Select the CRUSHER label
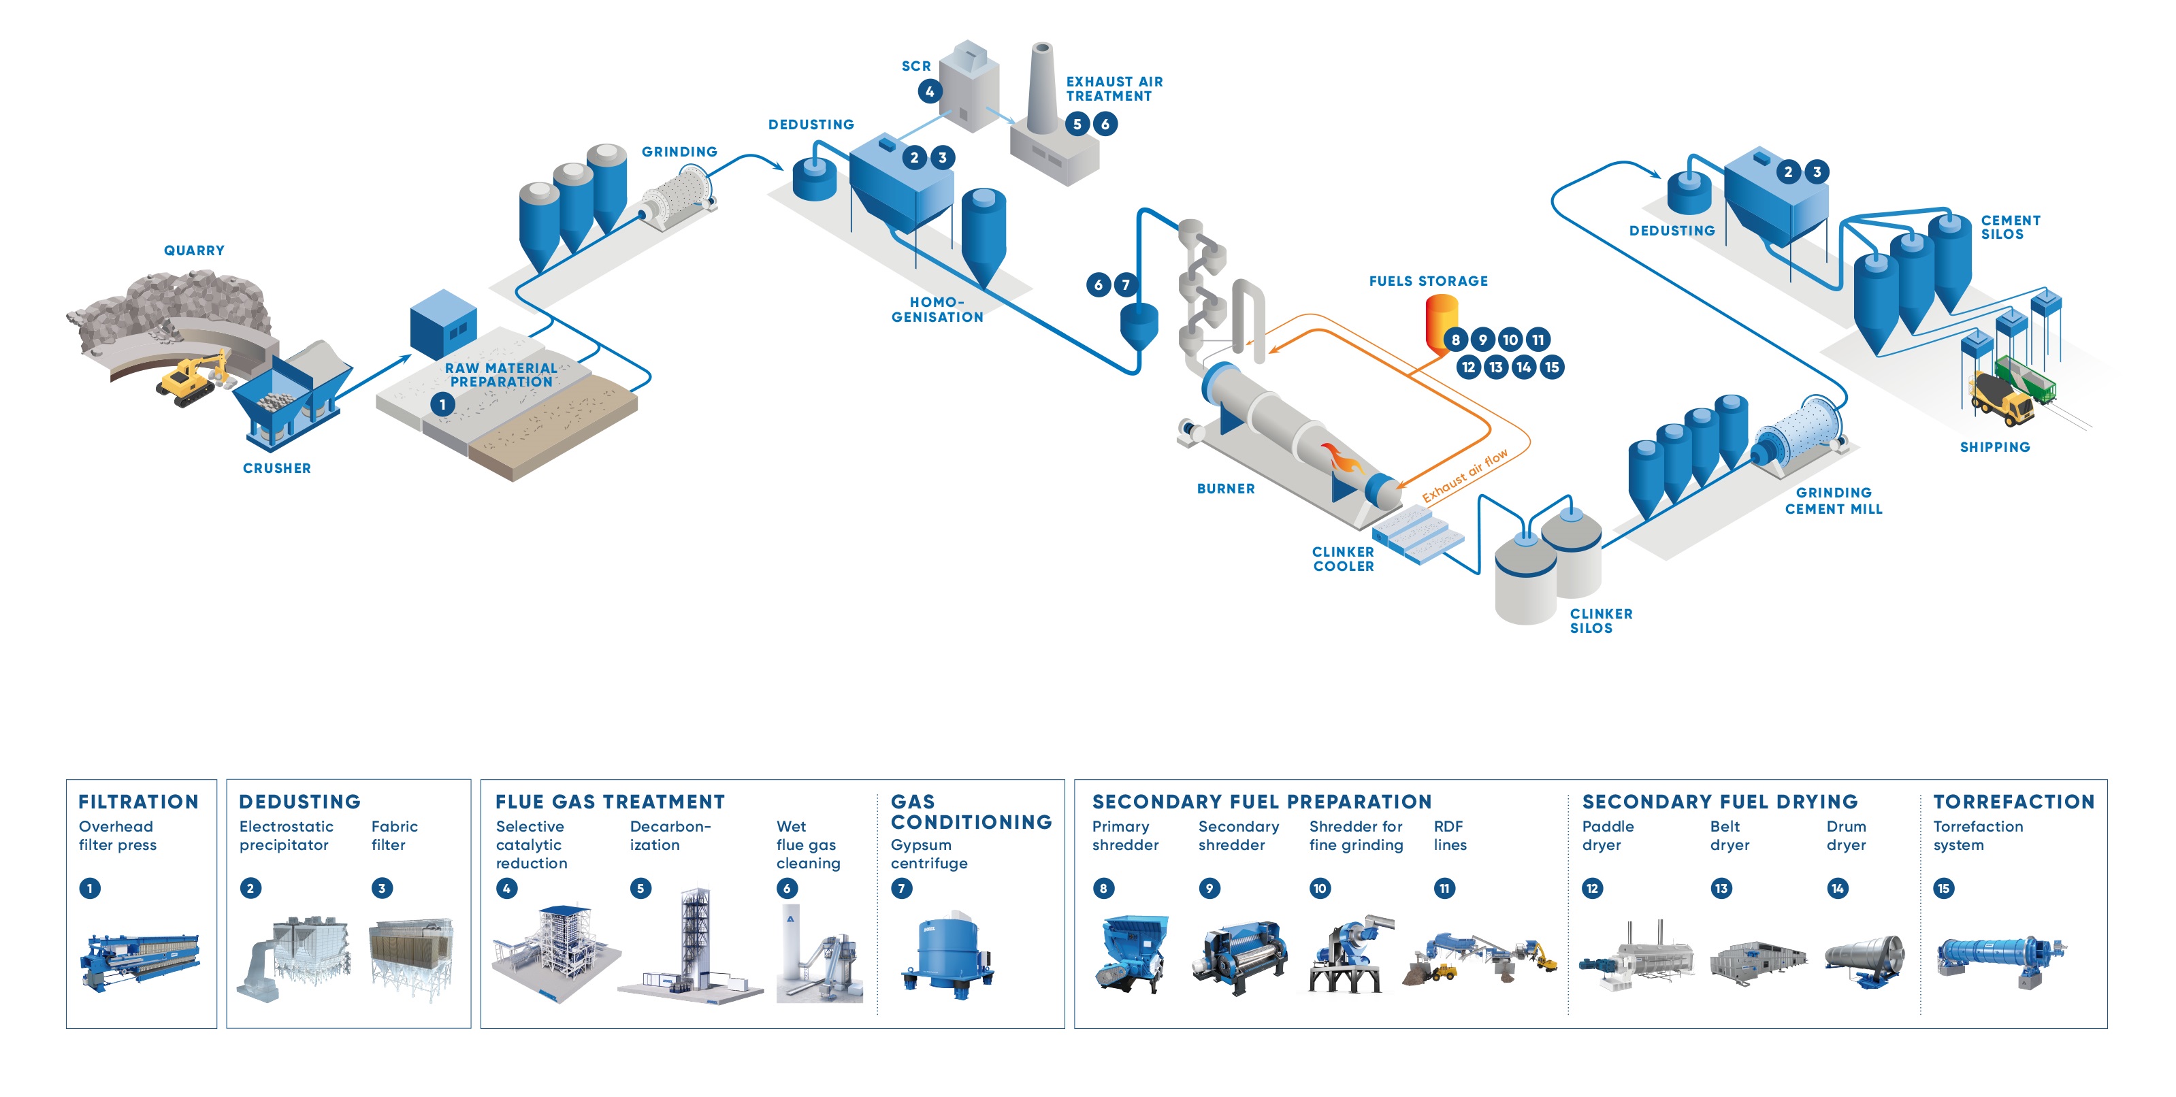click(x=276, y=468)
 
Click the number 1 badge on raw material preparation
click(x=442, y=404)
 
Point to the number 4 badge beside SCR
click(x=929, y=91)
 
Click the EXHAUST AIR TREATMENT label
click(x=1114, y=88)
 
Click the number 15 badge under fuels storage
click(x=1551, y=367)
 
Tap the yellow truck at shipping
click(x=2000, y=397)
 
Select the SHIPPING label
click(x=1994, y=446)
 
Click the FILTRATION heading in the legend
click(x=139, y=802)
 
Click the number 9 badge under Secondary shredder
click(x=1209, y=888)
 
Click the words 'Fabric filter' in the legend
click(x=393, y=835)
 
